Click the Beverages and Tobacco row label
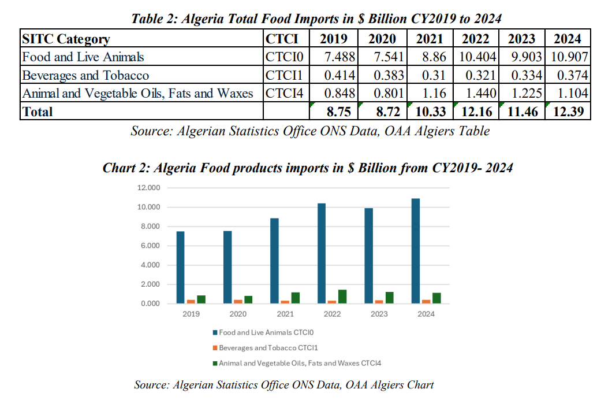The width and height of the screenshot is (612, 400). pos(85,76)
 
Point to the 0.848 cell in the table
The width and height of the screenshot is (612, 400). pos(339,94)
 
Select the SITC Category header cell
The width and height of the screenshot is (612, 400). pos(65,39)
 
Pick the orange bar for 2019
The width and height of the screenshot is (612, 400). pos(191,301)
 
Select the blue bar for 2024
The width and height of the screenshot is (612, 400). pos(415,251)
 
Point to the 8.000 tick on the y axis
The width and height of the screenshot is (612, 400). pos(149,227)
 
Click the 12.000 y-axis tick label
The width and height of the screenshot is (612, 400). pos(148,188)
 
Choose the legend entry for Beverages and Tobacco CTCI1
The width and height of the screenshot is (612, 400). pos(268,348)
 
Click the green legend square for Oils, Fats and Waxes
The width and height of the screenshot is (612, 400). pos(215,363)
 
